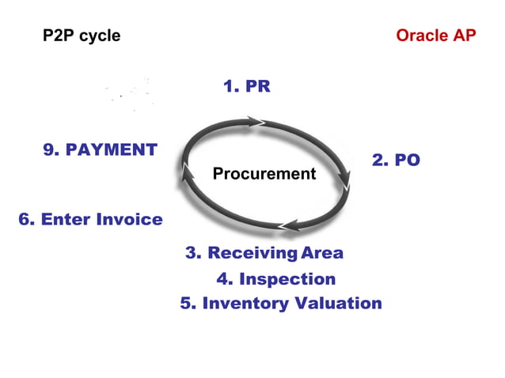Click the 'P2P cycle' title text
click(82, 36)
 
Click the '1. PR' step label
click(246, 86)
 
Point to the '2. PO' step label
click(396, 161)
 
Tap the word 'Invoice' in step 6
click(129, 219)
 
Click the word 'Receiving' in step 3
click(252, 253)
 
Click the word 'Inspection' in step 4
click(287, 279)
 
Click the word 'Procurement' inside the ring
click(264, 174)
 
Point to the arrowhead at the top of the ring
click(257, 121)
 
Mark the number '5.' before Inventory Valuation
click(188, 304)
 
